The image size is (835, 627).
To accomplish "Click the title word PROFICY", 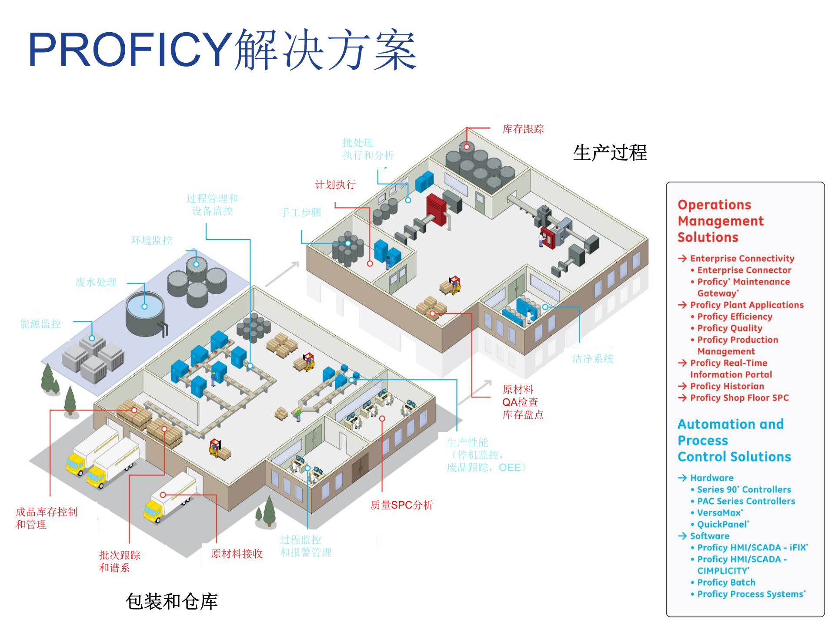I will click(x=130, y=49).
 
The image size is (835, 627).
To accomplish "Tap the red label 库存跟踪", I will click(x=523, y=129).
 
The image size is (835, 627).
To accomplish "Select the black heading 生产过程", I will click(x=610, y=153).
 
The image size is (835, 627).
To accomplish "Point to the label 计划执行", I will click(x=335, y=185).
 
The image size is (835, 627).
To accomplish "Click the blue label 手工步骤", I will click(x=301, y=213).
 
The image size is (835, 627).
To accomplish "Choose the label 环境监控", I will click(x=151, y=240).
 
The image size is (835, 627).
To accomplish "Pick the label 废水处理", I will click(x=96, y=282).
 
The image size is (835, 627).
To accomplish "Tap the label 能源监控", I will click(x=40, y=324).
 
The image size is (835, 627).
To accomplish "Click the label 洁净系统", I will click(x=592, y=359).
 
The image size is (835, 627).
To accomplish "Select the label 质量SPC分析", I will click(x=401, y=505).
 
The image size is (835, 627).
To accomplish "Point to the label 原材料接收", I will click(x=237, y=554).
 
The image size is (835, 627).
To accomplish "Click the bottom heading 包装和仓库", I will click(x=171, y=602).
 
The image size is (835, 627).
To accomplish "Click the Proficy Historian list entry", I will click(x=727, y=386).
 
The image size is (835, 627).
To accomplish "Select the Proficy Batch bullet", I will click(x=726, y=583).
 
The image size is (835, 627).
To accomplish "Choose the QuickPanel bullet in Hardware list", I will click(x=723, y=525).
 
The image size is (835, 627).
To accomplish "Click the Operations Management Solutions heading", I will click(x=720, y=221).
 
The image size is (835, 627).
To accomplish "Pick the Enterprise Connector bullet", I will click(x=744, y=270).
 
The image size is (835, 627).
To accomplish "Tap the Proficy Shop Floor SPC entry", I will click(x=739, y=398).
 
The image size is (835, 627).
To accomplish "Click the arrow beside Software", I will click(x=682, y=536).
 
